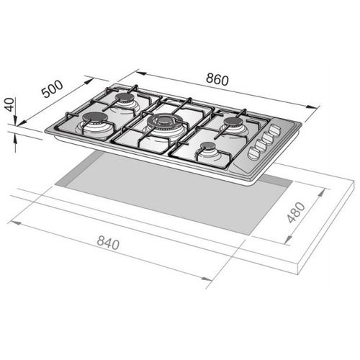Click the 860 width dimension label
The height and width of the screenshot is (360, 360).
coord(217,79)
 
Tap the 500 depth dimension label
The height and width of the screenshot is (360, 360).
coord(53,89)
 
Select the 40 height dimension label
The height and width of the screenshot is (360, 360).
coord(10,104)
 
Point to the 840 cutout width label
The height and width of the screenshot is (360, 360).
coord(108,243)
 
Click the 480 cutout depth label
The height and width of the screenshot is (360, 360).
coord(296,212)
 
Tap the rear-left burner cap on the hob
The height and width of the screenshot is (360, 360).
coord(125,97)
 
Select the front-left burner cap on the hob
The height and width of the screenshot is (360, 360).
coord(95,117)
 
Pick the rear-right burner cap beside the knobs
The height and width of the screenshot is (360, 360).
coord(233,121)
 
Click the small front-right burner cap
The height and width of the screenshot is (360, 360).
coord(208,145)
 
